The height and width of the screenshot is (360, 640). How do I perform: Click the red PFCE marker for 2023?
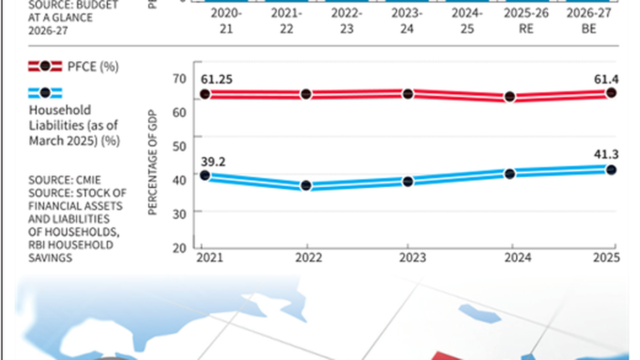[x=407, y=94]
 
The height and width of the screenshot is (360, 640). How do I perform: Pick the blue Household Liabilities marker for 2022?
[x=306, y=186]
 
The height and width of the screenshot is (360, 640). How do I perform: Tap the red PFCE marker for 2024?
[x=510, y=97]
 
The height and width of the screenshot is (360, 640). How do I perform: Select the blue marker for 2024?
[x=510, y=174]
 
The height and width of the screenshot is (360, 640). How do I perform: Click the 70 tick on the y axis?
[x=178, y=78]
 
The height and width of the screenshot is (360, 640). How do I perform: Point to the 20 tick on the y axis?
[x=178, y=247]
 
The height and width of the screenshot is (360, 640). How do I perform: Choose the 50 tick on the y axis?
[x=178, y=146]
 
